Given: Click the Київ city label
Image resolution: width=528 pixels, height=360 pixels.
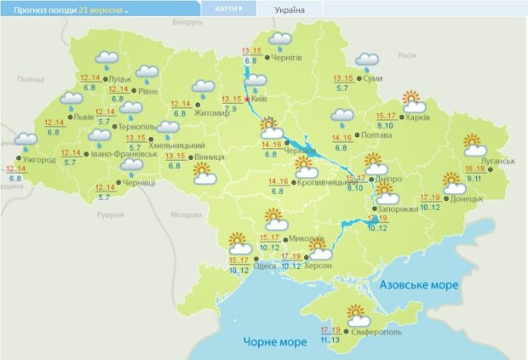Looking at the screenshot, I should click(x=261, y=100).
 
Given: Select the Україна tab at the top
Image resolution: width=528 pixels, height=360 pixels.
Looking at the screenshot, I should click(x=290, y=10).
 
